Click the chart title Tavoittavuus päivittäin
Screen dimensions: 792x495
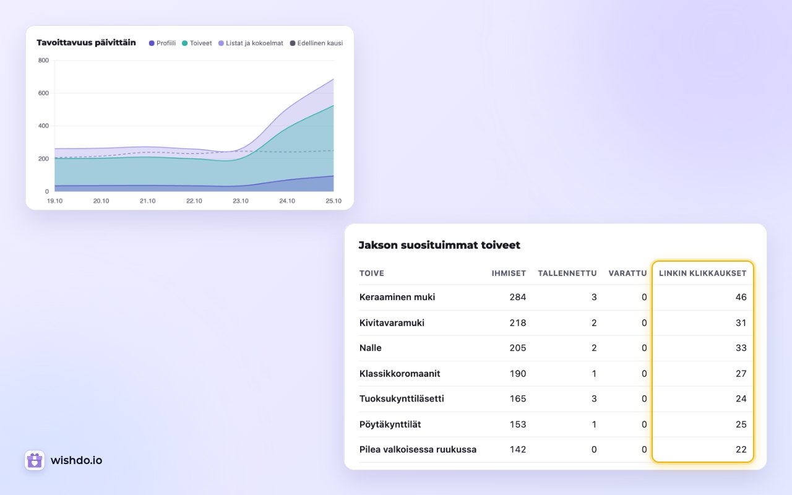click(x=86, y=43)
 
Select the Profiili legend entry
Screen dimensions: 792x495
click(x=162, y=43)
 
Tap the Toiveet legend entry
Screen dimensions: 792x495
click(x=197, y=43)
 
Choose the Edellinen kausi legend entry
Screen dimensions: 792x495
click(x=316, y=43)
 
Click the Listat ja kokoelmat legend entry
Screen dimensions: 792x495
click(x=251, y=43)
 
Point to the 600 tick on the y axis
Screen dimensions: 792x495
click(x=43, y=93)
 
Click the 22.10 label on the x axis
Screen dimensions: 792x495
click(x=194, y=201)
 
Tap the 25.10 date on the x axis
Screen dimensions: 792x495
click(x=334, y=201)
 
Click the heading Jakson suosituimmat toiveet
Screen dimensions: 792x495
click(x=439, y=245)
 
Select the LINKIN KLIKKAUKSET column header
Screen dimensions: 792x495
click(x=702, y=273)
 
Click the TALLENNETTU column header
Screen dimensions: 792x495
click(x=567, y=273)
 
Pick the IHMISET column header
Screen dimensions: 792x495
click(x=509, y=273)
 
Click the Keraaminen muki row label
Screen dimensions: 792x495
click(x=397, y=297)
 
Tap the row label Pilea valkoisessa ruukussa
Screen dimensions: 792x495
click(x=418, y=449)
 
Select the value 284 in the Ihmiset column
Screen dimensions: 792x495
click(x=518, y=297)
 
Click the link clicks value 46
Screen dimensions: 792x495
click(x=741, y=297)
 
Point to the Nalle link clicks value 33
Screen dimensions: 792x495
click(x=741, y=348)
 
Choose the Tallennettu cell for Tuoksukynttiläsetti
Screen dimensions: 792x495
click(x=594, y=399)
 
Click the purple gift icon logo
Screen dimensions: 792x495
click(x=35, y=460)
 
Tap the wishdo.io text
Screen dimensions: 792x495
click(x=76, y=460)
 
